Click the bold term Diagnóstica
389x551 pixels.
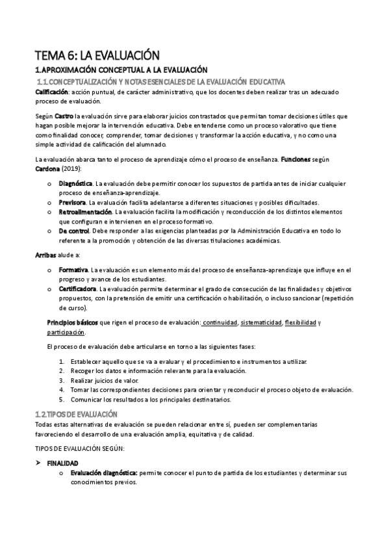[x=76, y=184]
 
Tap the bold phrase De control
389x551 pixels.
[x=75, y=230]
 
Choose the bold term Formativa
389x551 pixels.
[x=73, y=270]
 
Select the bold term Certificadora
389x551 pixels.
[x=77, y=288]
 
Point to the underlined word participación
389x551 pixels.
[x=66, y=332]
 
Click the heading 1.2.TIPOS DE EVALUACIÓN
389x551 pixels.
[x=76, y=414]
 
